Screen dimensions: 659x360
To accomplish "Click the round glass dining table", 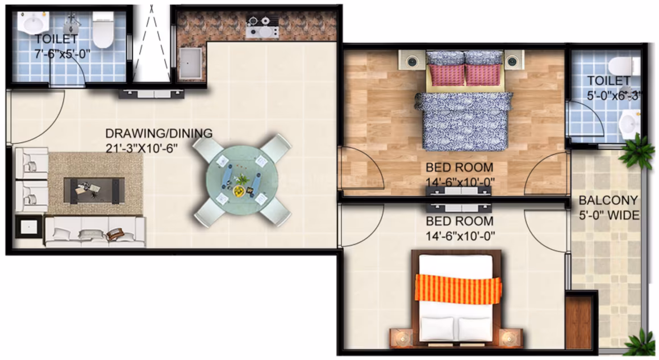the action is pos(241,181).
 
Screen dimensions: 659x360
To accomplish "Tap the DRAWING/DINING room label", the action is pos(159,133).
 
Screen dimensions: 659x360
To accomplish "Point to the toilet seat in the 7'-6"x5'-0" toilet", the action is pos(103,30).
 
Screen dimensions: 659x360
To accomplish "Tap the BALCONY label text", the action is pos(608,200).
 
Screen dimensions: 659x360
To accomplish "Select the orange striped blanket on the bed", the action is pos(458,288).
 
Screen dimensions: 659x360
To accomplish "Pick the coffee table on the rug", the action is pos(94,190).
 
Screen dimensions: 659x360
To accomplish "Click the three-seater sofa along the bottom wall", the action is pos(95,232).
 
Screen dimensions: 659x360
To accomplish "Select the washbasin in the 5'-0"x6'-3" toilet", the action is pos(629,123).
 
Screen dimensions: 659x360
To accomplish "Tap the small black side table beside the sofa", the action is pos(28,227).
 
